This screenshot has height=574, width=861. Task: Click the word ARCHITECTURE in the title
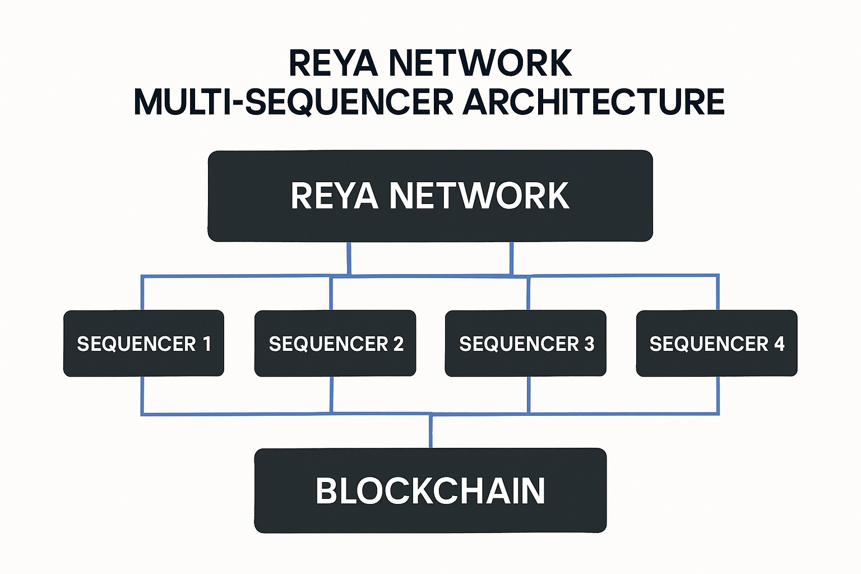[x=594, y=102]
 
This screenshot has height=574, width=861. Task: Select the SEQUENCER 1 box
[x=143, y=343]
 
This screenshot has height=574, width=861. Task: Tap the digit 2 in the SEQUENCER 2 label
[x=399, y=344]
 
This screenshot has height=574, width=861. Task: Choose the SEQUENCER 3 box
[x=525, y=343]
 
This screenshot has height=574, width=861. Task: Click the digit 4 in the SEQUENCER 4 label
[x=779, y=344]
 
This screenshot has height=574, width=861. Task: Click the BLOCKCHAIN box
[x=430, y=490]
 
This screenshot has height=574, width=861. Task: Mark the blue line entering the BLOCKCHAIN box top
[x=430, y=432]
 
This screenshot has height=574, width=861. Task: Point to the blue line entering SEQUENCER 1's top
[x=142, y=293]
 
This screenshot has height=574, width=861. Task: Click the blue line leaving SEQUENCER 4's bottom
[x=718, y=395]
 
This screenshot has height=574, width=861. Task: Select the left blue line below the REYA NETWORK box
[x=349, y=258]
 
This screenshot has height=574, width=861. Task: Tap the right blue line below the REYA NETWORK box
[x=511, y=258]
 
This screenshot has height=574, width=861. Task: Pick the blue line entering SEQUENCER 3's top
[x=529, y=293]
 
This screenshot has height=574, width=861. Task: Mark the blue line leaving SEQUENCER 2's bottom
[x=332, y=395]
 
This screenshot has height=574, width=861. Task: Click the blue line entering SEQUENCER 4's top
[x=718, y=293]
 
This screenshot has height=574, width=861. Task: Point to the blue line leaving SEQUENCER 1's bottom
[x=142, y=395]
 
